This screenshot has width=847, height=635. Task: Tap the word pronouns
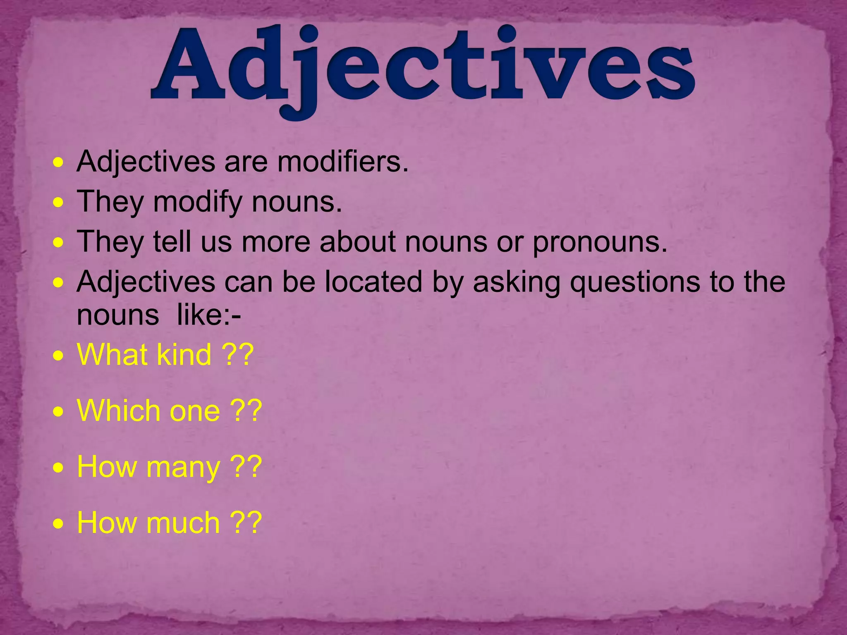click(x=600, y=242)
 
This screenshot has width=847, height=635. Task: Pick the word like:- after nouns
click(x=209, y=315)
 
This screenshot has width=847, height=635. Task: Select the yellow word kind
click(x=184, y=355)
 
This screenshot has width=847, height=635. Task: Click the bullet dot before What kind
click(x=59, y=356)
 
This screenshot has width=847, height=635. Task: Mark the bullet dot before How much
click(x=59, y=524)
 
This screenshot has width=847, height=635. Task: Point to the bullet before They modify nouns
click(x=59, y=203)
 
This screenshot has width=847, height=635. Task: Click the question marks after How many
click(x=246, y=467)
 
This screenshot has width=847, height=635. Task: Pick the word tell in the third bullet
click(x=172, y=241)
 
